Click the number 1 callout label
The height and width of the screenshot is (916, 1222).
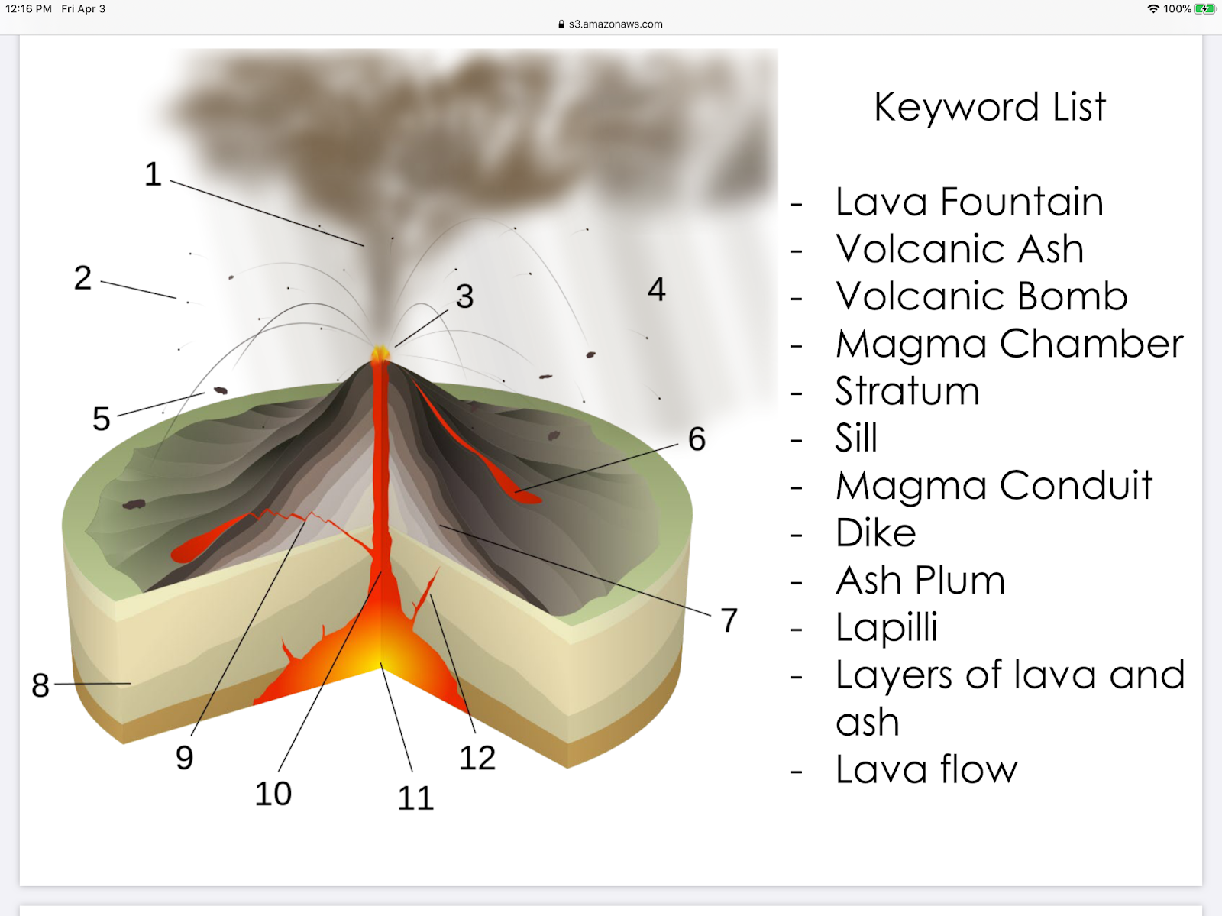click(154, 174)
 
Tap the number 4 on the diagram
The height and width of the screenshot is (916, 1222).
click(657, 290)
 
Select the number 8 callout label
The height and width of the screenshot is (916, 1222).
click(40, 685)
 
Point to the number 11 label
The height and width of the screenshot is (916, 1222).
click(415, 798)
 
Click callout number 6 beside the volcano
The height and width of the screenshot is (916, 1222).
click(697, 439)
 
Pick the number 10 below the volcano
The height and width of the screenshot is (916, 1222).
click(273, 794)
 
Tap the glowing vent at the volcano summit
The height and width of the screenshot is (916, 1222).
click(380, 354)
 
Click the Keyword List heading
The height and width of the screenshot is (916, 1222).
click(989, 107)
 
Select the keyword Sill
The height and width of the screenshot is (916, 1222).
click(856, 438)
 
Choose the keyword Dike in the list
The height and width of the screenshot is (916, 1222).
click(875, 532)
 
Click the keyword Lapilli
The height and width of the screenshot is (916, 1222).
click(886, 627)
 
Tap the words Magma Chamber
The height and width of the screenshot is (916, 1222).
click(1009, 344)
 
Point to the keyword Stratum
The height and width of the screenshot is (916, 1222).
click(907, 391)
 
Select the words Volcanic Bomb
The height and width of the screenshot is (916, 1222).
click(981, 296)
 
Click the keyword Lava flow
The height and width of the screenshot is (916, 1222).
click(926, 769)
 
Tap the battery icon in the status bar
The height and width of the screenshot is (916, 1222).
click(1204, 9)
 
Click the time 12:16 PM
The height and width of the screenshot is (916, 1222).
click(29, 9)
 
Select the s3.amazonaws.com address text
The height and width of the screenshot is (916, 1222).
click(616, 24)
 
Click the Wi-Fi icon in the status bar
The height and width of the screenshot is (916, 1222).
click(1153, 9)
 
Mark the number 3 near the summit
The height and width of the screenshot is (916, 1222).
click(464, 296)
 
